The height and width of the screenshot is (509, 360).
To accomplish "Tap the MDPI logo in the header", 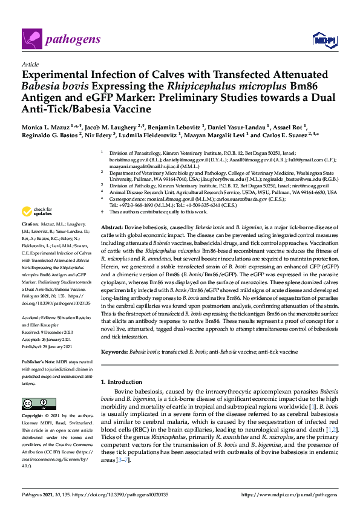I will tap(323, 41).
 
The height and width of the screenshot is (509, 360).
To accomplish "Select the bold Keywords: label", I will tap(117, 351).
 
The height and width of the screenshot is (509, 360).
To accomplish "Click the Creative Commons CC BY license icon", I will tap(35, 403).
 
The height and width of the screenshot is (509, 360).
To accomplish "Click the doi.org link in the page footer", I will tap(129, 494).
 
